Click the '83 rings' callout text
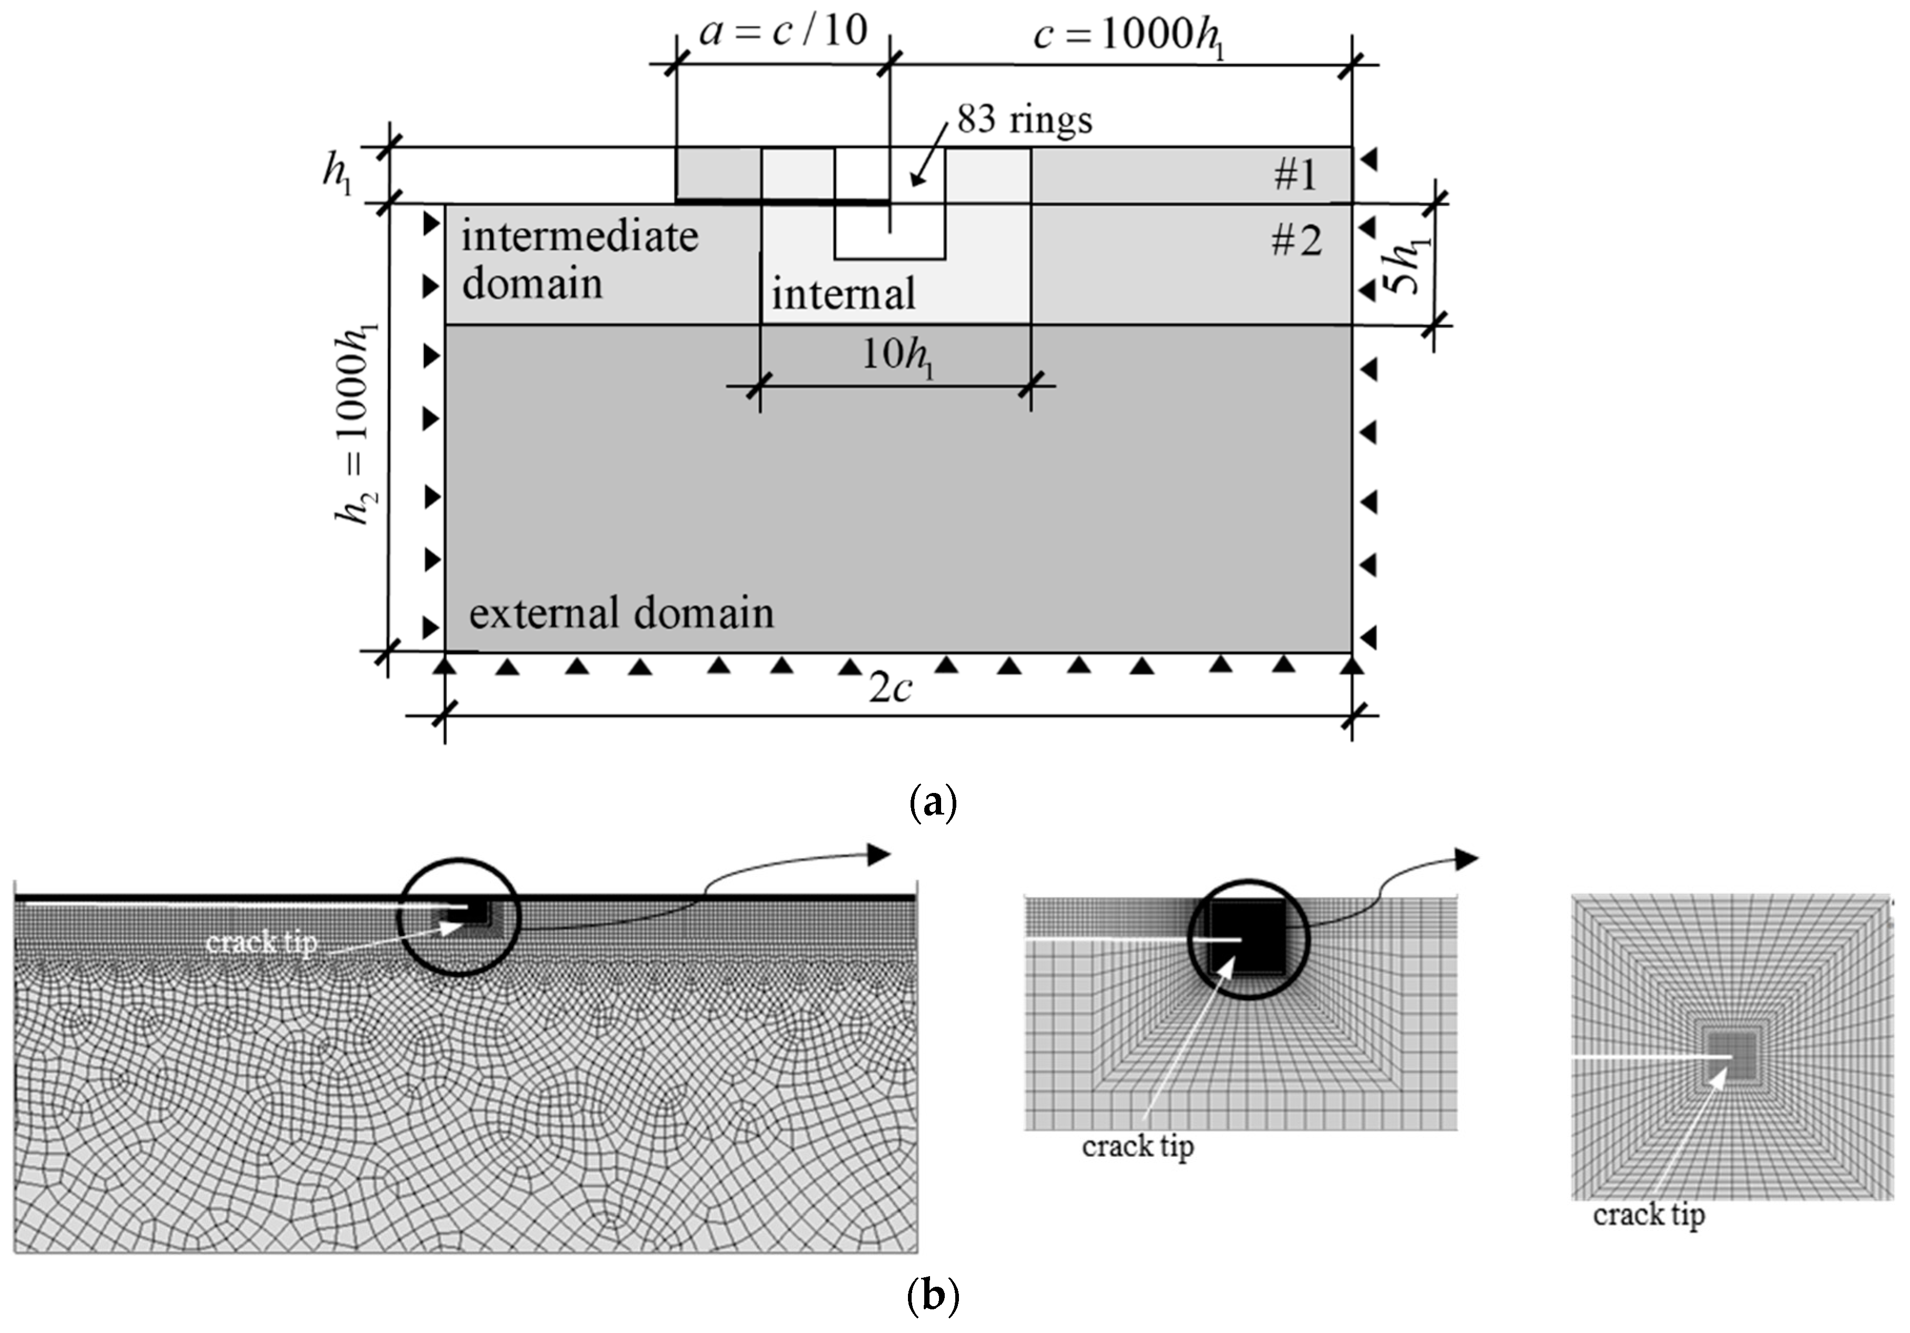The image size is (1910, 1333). point(1024,120)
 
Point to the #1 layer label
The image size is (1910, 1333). point(1295,175)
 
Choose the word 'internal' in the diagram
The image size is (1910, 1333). point(843,294)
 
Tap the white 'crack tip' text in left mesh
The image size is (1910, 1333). point(261,943)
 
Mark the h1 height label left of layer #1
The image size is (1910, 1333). point(337,175)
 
